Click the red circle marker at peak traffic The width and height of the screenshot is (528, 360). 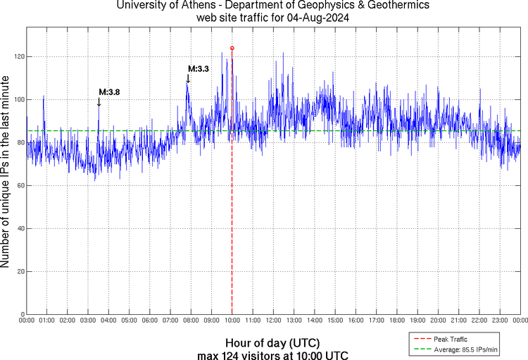tap(232, 48)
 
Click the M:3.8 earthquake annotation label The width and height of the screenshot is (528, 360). tap(108, 92)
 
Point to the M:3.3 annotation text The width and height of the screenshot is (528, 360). tap(198, 69)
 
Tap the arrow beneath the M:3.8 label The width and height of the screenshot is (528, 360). tap(99, 101)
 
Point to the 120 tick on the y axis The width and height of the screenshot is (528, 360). tap(17, 56)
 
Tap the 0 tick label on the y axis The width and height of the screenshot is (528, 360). tap(20, 314)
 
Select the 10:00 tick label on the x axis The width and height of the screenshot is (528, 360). tap(232, 321)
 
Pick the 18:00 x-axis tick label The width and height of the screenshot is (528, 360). tap(397, 321)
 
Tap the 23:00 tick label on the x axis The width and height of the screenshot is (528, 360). tap(500, 321)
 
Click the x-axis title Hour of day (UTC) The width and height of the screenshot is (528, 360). tap(272, 343)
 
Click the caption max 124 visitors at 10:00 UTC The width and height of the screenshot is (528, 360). tap(272, 354)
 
